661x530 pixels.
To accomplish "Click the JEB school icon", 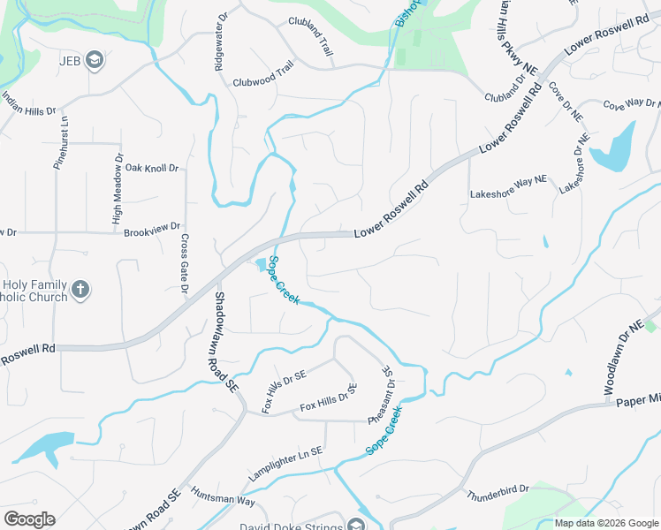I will coord(95,61).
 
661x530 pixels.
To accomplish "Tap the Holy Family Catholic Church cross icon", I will coord(80,290).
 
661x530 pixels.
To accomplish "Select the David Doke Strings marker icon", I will coord(356,527).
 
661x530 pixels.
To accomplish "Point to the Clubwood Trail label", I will coord(262,77).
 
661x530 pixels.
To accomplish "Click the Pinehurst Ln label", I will coord(63,141).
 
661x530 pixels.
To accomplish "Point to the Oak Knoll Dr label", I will coord(152,168).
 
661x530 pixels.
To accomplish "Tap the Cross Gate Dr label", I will coord(185,263).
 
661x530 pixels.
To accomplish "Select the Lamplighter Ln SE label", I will coord(285,465).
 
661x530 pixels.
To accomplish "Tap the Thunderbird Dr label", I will coord(497,488).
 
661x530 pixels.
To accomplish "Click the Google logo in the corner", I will coord(29,519).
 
